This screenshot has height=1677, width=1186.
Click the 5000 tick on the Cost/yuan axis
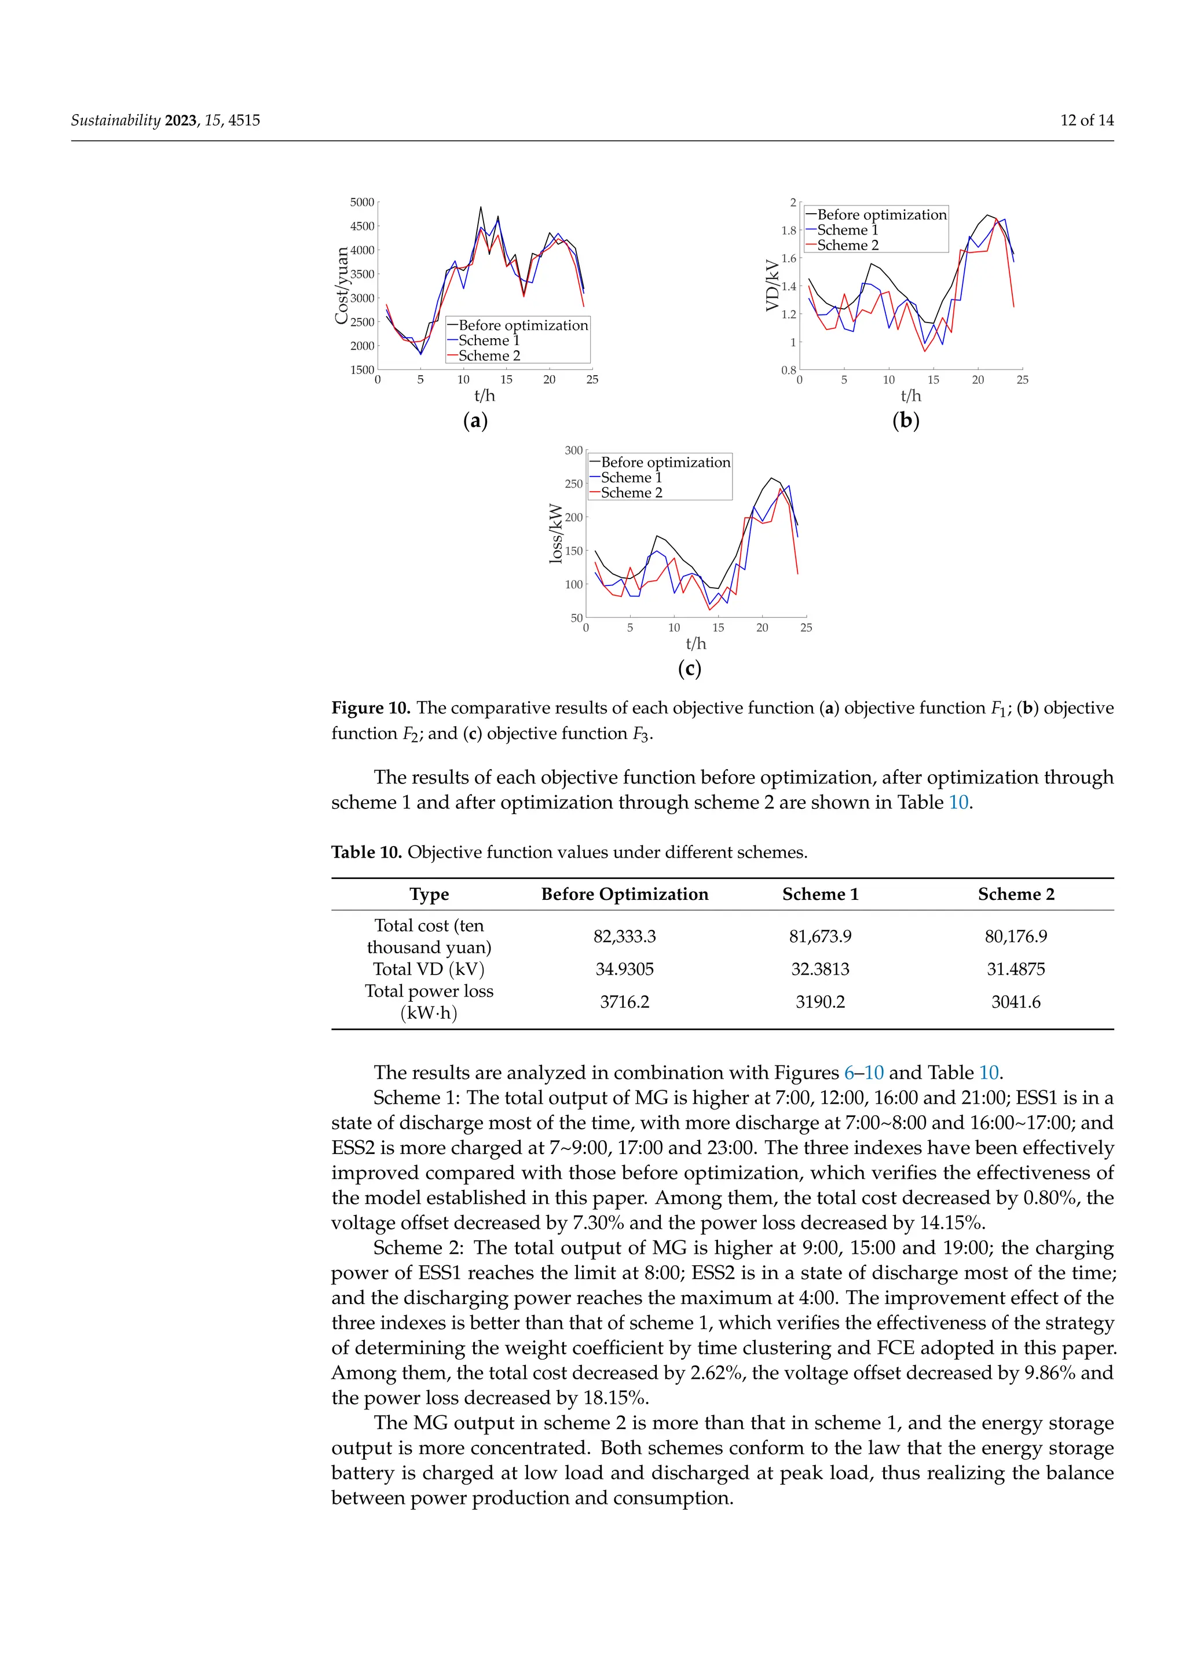coord(361,202)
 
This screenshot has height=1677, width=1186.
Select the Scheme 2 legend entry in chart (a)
coord(489,356)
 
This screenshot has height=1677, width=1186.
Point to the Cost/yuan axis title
coord(341,285)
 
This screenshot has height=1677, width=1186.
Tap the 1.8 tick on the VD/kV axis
coord(789,230)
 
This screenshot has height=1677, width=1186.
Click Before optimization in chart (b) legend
coord(881,215)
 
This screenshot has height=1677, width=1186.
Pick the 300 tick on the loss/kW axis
coord(573,451)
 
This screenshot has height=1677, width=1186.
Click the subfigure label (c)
coord(689,668)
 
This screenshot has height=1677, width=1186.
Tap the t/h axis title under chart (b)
coord(911,396)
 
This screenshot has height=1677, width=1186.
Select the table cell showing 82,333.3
coord(624,936)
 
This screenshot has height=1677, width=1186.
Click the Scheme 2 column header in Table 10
coord(1016,894)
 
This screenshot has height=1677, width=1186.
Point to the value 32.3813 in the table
coord(820,969)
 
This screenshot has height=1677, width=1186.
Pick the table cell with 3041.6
coord(1016,1002)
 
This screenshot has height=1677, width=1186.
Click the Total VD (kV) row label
coord(429,969)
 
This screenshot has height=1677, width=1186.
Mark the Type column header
coord(429,894)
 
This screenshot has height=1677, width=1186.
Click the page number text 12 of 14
coord(1086,120)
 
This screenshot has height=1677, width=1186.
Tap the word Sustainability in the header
coord(115,120)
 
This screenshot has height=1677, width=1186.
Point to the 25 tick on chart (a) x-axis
coord(592,380)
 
